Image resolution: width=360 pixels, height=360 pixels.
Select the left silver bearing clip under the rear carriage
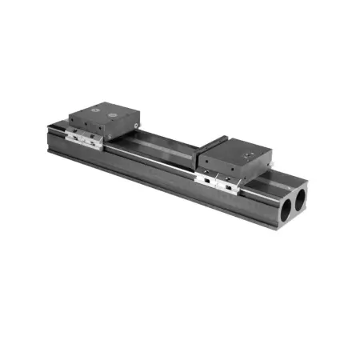click(x=77, y=138)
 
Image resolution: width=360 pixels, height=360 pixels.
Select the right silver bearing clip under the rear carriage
click(x=94, y=142)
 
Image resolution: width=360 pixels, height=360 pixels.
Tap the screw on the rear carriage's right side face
click(x=138, y=125)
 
